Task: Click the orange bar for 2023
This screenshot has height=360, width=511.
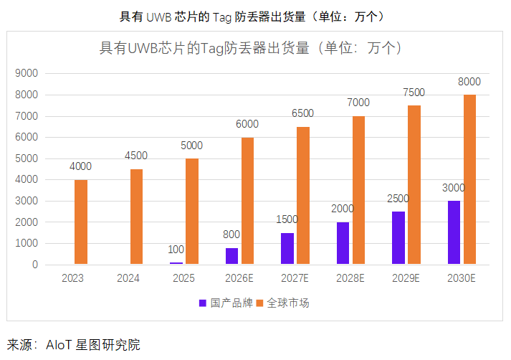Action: [x=81, y=222]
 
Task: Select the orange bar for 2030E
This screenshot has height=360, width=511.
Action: [x=469, y=179]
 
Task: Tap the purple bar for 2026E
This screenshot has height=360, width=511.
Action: [x=231, y=256]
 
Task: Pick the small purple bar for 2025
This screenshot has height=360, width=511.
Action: [x=176, y=263]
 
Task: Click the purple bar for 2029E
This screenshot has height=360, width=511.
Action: [x=398, y=238]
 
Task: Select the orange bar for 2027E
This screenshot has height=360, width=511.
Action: [x=303, y=196]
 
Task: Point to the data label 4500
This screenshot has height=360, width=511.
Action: [x=136, y=156]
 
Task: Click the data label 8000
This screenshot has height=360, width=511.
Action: [x=469, y=82]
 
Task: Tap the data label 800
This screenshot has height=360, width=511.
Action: [x=231, y=235]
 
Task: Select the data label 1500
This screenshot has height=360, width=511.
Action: [x=287, y=219]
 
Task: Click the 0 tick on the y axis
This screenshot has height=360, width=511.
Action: [x=34, y=265]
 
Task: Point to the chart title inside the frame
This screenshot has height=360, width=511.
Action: [x=249, y=49]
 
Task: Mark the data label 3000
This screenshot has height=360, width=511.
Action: [x=453, y=188]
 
